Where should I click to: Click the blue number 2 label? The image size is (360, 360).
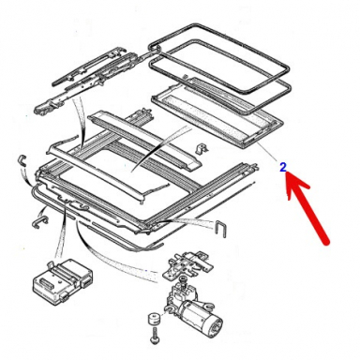tap(283, 168)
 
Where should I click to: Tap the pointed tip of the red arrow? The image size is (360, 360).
tap(288, 179)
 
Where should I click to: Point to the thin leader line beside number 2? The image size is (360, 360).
tap(266, 153)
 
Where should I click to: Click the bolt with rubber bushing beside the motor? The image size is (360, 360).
tap(151, 327)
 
